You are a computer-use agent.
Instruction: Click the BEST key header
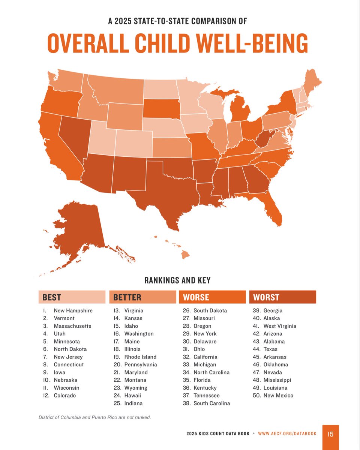coord(72,297)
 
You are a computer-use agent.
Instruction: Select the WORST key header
coord(282,297)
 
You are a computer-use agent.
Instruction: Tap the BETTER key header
coord(142,297)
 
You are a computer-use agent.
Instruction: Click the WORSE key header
coord(212,297)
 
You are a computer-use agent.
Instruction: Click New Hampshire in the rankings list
coord(73,310)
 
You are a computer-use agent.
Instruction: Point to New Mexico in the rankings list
coord(278,396)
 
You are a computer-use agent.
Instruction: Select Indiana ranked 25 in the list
coord(133,403)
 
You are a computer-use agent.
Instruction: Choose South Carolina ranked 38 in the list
coord(211,403)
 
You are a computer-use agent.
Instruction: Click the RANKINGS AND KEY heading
coord(177,280)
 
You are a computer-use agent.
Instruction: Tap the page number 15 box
coord(330,434)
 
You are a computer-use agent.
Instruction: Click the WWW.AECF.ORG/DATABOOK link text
coord(287,433)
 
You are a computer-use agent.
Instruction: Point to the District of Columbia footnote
coord(94,417)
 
